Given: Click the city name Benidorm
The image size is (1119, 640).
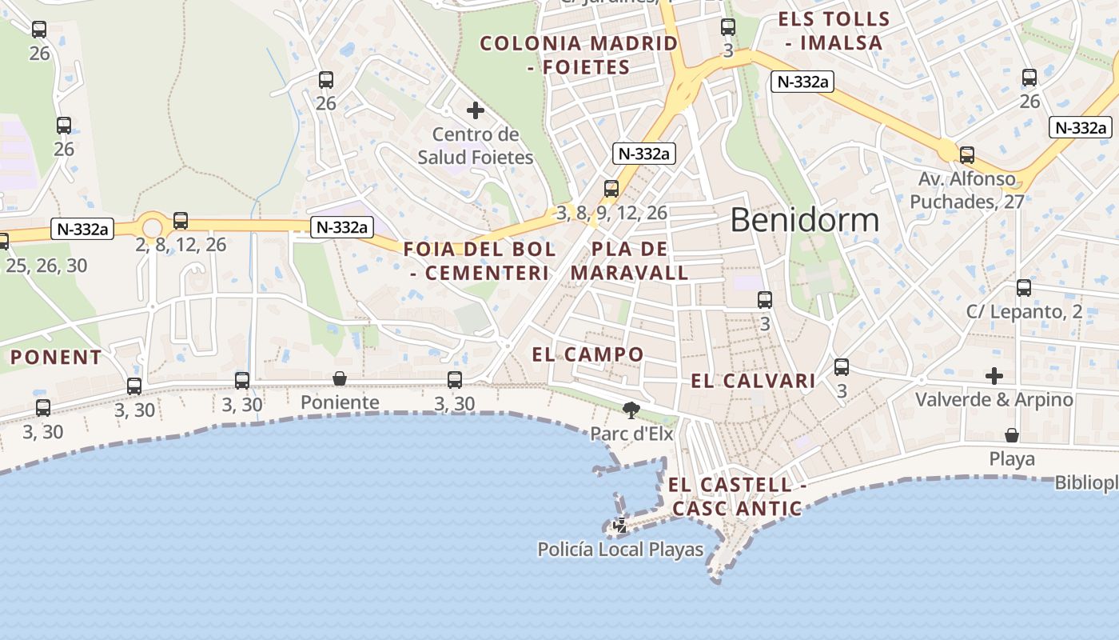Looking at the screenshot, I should [804, 220].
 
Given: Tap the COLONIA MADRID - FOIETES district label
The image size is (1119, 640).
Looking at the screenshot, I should [579, 55].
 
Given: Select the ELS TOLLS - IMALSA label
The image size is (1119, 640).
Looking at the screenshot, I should [834, 30].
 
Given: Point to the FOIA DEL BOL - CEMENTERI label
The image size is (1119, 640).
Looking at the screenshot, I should [480, 261].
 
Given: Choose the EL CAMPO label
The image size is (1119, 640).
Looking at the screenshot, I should [588, 354].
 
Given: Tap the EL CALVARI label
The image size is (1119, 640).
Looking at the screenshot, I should [753, 381].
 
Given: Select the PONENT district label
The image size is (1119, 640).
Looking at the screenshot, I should [56, 358].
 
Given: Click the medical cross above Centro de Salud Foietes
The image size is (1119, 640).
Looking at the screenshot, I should [476, 110].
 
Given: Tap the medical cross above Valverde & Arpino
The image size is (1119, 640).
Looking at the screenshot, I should [994, 375].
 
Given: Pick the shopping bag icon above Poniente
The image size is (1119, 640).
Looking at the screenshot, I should [340, 378].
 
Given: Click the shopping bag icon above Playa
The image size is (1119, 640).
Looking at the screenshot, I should [1012, 435].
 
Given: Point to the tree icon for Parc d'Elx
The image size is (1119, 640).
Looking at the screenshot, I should [631, 411].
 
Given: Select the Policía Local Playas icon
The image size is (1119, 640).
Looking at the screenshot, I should [620, 526].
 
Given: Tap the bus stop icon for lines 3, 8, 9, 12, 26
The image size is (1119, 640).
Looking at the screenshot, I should [611, 189].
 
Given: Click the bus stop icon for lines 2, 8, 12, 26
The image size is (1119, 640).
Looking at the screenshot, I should [181, 221].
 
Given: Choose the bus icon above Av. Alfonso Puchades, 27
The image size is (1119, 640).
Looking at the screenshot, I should [967, 155].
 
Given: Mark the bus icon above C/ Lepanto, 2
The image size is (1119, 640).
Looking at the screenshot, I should [1024, 288].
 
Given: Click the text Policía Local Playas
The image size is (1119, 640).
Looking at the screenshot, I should [620, 550].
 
